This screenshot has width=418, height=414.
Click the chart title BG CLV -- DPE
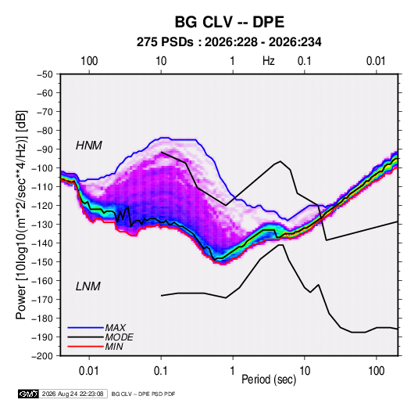(230, 22)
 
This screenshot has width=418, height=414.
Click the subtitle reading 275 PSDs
(165, 42)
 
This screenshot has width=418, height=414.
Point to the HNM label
(89, 146)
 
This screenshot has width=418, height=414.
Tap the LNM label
(88, 286)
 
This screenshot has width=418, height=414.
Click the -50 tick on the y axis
(45, 74)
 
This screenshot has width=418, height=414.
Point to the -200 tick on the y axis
(42, 356)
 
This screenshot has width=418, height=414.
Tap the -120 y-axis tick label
(42, 206)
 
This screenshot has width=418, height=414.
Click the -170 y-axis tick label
(42, 300)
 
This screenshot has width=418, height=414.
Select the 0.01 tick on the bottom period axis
(89, 371)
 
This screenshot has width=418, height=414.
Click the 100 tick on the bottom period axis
(376, 371)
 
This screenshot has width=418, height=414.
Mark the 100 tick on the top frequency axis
(89, 61)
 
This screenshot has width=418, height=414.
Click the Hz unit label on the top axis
(269, 61)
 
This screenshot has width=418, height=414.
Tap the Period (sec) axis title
(269, 380)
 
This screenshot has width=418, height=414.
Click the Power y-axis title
(21, 215)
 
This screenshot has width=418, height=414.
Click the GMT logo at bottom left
(28, 394)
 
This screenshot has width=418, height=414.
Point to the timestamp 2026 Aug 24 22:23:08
(73, 394)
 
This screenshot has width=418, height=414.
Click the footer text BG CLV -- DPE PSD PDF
(143, 394)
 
